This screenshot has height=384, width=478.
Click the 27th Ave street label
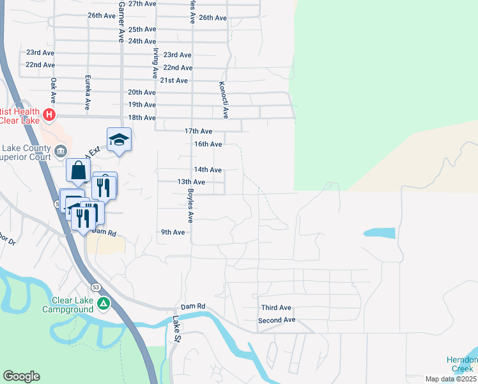click(142, 4)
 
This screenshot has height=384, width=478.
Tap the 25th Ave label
click(142, 29)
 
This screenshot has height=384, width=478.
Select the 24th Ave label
click(142, 41)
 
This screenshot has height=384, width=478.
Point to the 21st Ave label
click(174, 81)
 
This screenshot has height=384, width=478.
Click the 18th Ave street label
click(142, 118)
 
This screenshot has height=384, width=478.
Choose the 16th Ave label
click(208, 144)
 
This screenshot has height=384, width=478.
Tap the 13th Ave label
click(191, 182)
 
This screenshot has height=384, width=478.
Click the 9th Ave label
click(173, 232)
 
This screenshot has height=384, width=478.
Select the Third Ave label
click(276, 308)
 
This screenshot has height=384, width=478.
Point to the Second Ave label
click(277, 320)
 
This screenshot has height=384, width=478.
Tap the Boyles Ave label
click(190, 205)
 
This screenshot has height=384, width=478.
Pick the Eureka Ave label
click(88, 92)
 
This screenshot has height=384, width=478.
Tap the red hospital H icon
click(49, 116)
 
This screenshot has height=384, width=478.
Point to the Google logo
click(21, 376)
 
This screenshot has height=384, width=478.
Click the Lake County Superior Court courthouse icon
click(60, 151)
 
